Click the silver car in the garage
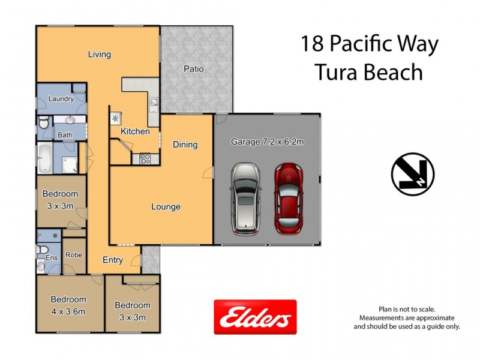[x=246, y=198]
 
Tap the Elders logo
[x=255, y=317]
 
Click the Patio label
[x=193, y=69]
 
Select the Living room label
[x=99, y=55]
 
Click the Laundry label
[x=61, y=99]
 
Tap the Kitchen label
[x=135, y=131]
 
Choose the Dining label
[x=185, y=145]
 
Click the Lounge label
[x=166, y=207]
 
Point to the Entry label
[x=113, y=260]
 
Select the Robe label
[x=74, y=254]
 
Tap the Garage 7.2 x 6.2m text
[x=267, y=142]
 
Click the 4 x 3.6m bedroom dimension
[x=68, y=311]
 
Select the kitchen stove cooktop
[x=145, y=158]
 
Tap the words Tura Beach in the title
[x=369, y=73]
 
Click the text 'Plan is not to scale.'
[x=406, y=308]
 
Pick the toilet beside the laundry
[x=43, y=124]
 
